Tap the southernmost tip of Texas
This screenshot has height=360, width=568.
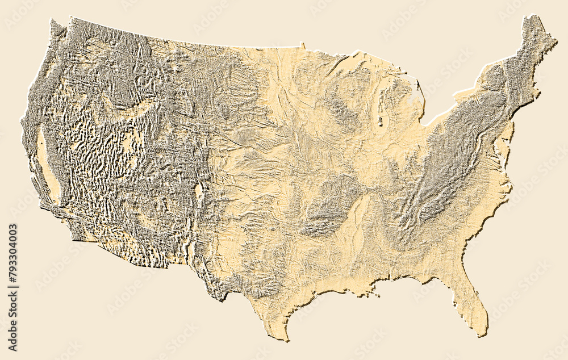click(x=286, y=340)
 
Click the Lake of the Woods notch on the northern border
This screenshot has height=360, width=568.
click(x=303, y=44)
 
